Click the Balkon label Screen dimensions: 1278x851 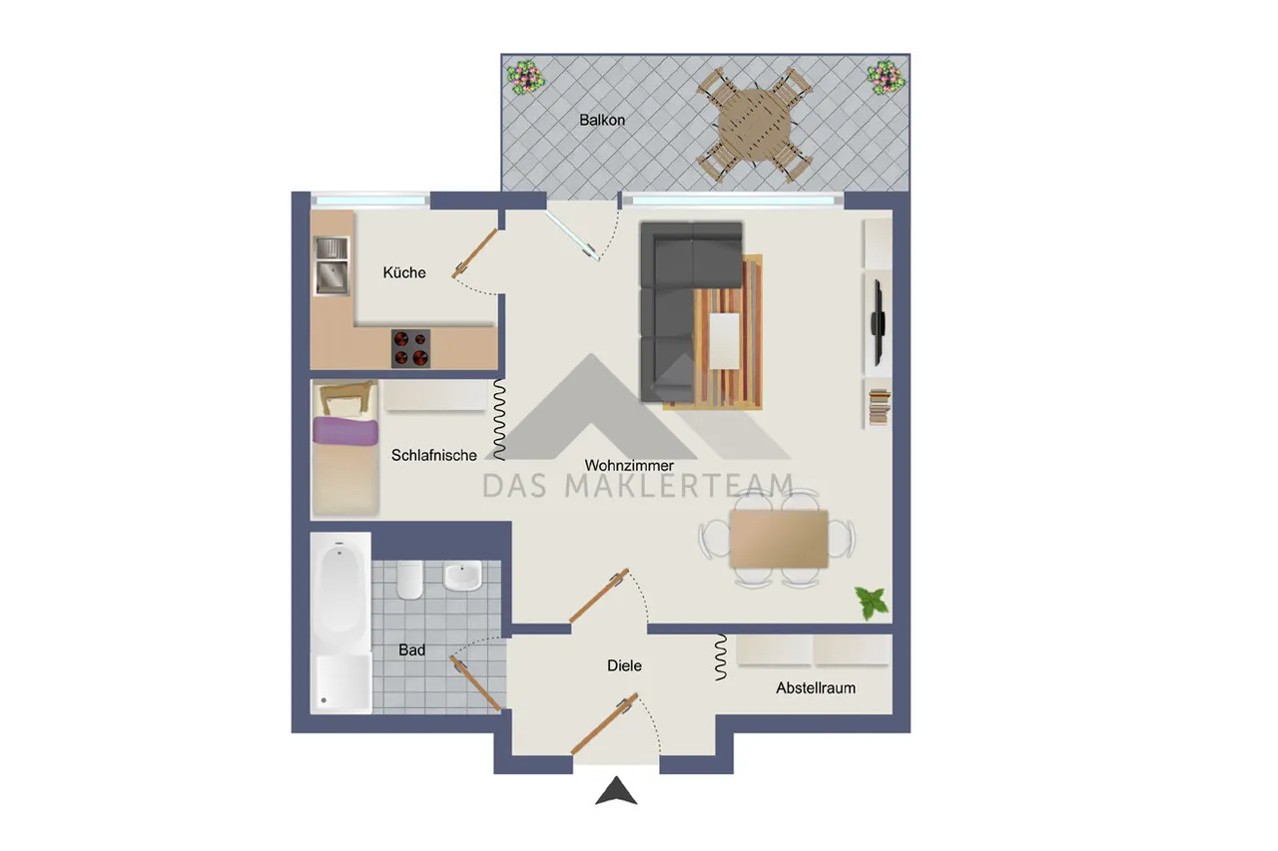602,121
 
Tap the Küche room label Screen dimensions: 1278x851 404,272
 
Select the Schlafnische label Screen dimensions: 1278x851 433,455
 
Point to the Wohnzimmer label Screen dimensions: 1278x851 629,466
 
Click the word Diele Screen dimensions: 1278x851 624,665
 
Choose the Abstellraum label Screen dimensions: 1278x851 816,688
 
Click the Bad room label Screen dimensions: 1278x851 412,649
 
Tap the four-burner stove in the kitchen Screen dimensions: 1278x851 410,348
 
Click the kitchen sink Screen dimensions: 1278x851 331,266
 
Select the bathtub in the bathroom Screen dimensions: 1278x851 340,623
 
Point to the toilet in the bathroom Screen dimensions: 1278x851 409,580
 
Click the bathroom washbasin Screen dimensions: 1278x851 462,576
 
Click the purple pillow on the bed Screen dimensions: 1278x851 345,431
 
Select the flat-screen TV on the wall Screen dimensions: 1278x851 878,322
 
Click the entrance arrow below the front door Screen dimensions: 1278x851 616,790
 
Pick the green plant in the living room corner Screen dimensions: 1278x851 872,603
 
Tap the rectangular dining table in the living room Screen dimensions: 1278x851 779,539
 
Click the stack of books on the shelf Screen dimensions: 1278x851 880,407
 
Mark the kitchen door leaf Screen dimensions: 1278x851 474,253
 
